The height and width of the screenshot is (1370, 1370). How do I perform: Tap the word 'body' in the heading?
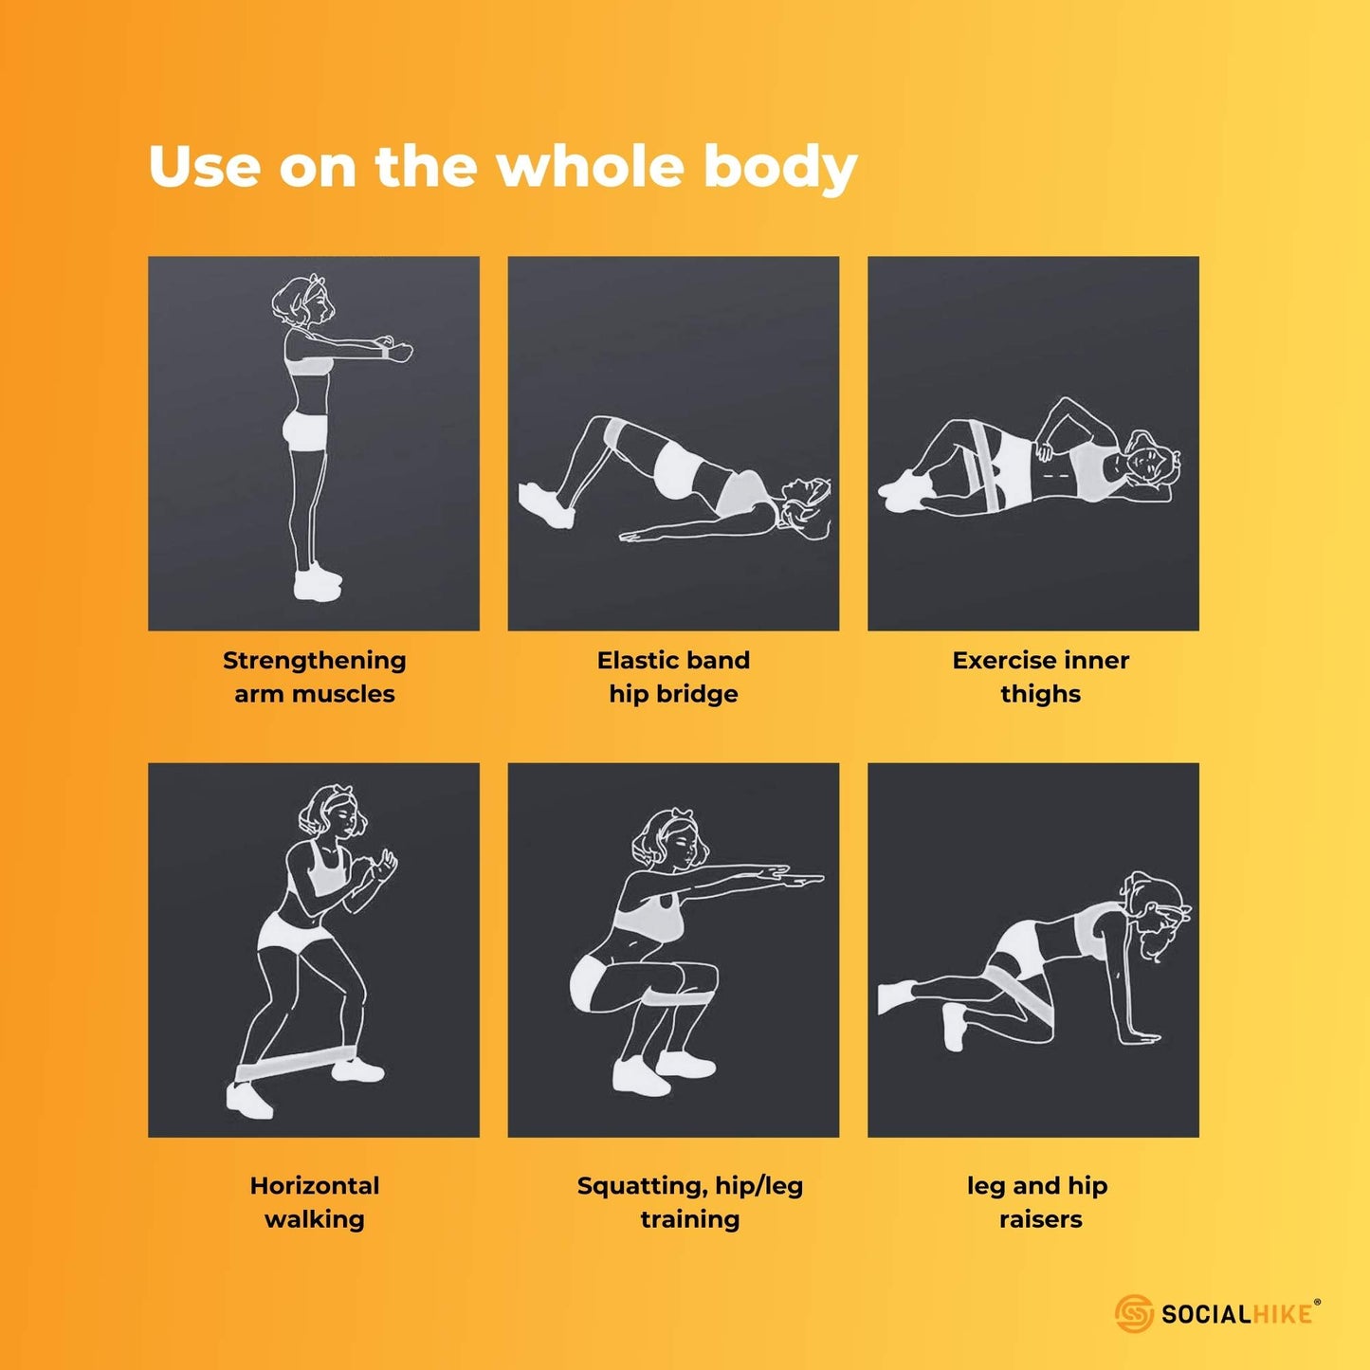coord(780,169)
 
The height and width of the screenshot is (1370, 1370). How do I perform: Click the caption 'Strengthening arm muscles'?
coord(314,677)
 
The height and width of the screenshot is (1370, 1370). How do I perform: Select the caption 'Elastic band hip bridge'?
coord(673,677)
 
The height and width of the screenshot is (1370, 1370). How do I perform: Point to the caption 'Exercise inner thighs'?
coord(1040,677)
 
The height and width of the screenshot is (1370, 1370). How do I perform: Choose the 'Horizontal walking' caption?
coord(314,1202)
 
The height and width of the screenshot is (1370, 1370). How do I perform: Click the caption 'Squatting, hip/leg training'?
coord(689,1202)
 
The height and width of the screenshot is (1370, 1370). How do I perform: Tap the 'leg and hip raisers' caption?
coord(1037,1202)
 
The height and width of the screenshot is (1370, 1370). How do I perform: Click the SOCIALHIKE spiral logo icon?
coord(1133,1312)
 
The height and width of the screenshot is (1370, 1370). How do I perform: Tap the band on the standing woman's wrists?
coord(385,351)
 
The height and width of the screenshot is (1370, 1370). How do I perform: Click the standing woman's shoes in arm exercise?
coord(317,581)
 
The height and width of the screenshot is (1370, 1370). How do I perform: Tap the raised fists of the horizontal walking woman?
coord(376,866)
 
